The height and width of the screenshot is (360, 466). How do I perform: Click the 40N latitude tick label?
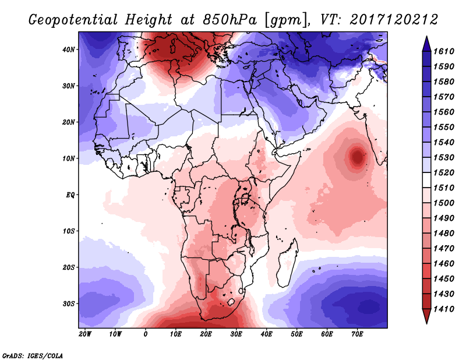click(69, 50)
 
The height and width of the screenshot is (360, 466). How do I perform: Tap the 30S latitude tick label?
click(69, 303)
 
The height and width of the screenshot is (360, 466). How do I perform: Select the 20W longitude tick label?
click(84, 334)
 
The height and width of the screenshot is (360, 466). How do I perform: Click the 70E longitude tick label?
click(357, 334)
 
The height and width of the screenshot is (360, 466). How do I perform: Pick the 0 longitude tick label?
click(145, 334)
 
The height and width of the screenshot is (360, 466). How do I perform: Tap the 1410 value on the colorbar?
click(447, 309)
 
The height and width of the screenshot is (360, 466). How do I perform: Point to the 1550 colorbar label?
click(447, 126)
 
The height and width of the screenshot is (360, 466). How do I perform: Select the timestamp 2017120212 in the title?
click(394, 20)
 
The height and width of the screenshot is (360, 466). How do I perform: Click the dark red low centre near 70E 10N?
click(356, 156)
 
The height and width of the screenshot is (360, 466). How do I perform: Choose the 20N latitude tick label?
click(69, 122)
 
